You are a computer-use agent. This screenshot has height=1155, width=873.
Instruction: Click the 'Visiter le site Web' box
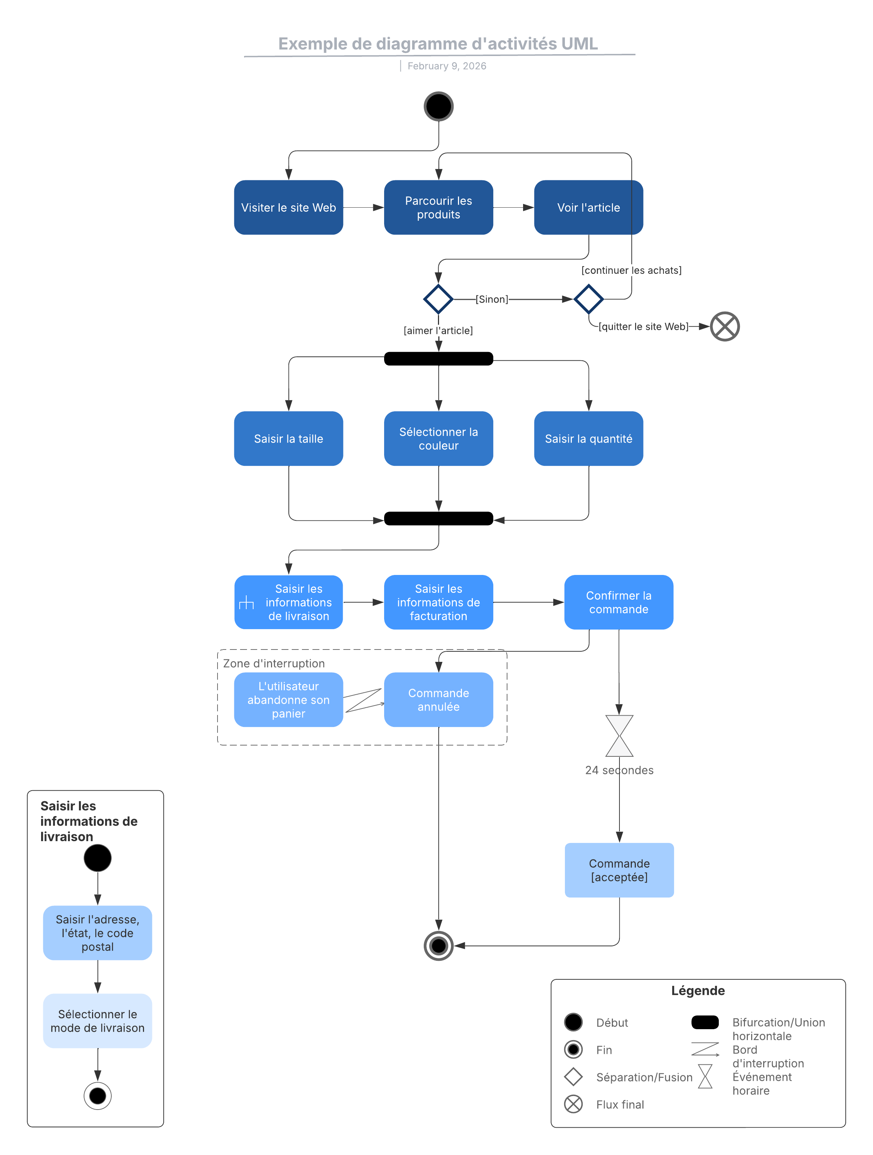coord(288,207)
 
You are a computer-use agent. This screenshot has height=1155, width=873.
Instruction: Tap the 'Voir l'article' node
coord(589,207)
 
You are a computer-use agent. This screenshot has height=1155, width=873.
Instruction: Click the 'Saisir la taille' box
coord(288,438)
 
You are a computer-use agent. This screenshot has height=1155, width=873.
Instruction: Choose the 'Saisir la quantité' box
coord(589,438)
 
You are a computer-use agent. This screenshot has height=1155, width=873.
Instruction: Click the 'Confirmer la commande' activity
coord(619,602)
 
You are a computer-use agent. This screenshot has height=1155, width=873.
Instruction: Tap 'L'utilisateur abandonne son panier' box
coord(288,699)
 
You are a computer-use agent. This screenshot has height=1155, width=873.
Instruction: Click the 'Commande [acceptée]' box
coord(619,870)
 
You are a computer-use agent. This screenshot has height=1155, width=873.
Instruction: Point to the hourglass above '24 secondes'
coord(619,736)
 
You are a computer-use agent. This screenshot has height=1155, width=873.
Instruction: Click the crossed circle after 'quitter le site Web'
coord(725,326)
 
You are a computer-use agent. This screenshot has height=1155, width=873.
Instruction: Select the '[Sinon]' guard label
coord(491,299)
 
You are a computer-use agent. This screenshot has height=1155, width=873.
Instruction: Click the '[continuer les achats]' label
coord(631,270)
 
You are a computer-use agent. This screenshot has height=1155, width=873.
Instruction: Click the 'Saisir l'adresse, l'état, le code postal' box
coord(97,932)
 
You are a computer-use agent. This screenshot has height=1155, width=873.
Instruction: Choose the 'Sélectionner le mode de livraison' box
coord(97,1020)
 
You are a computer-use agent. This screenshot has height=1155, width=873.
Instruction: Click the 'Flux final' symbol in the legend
coord(573,1104)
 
